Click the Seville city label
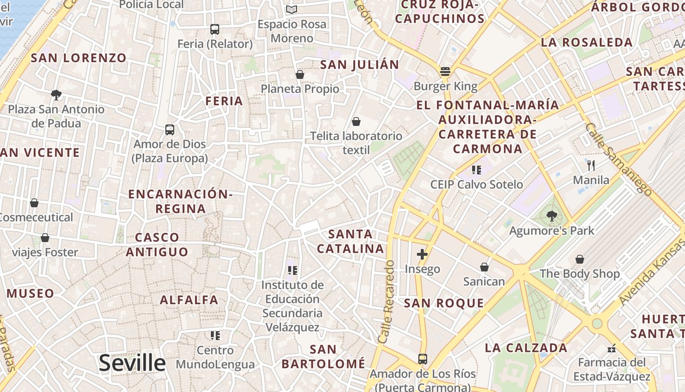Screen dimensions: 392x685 (132, 363)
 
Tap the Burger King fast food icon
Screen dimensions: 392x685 (445, 72)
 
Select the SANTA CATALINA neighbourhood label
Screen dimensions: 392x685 (350, 241)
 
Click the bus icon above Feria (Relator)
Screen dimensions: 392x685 (215, 29)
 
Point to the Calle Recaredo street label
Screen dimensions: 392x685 (386, 301)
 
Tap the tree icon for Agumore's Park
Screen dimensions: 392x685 (552, 215)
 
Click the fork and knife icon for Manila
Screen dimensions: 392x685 (591, 165)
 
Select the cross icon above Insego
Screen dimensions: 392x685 (422, 254)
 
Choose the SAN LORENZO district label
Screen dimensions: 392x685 (79, 58)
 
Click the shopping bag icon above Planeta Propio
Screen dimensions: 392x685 (300, 74)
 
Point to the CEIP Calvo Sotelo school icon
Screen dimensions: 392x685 (477, 170)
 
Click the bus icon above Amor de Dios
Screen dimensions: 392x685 (170, 130)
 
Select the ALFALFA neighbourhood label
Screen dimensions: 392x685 (189, 300)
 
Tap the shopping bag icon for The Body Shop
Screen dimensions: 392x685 (580, 259)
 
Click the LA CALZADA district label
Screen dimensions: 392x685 (526, 348)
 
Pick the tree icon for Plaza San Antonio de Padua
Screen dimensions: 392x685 (56, 95)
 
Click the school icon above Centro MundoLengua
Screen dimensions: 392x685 (215, 336)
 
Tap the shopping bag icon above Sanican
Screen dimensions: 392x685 (484, 267)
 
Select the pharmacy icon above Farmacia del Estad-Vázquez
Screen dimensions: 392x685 (611, 348)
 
